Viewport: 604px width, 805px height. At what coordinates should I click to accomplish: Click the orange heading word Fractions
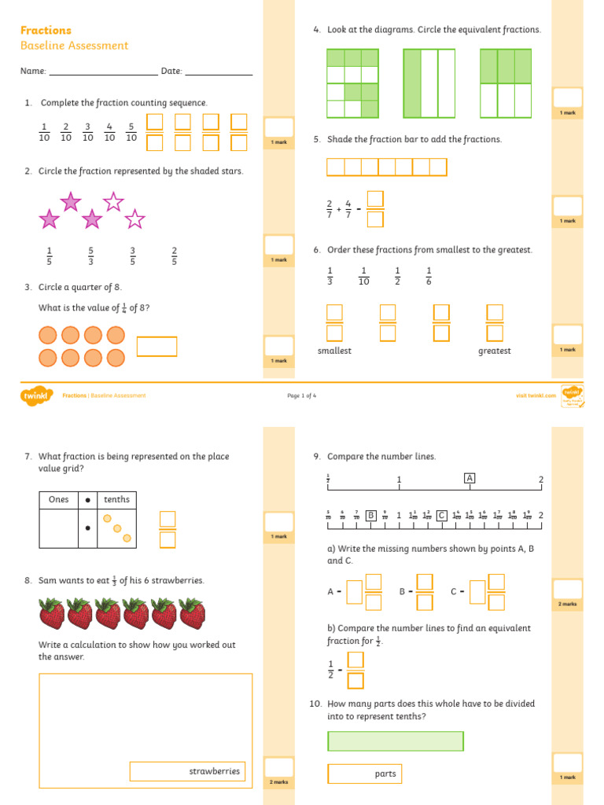[46, 30]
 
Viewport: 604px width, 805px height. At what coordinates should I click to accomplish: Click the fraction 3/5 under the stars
[133, 256]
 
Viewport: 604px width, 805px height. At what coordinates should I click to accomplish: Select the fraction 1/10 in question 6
[363, 276]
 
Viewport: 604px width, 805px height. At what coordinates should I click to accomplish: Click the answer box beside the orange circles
[157, 347]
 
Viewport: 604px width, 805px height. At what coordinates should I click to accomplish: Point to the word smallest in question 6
[334, 351]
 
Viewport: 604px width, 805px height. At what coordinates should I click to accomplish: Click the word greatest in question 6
[495, 351]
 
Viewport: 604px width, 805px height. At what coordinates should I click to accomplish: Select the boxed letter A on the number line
[470, 478]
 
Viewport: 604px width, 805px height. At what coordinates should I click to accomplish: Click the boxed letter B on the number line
[370, 515]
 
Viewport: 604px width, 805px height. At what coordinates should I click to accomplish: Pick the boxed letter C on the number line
[442, 515]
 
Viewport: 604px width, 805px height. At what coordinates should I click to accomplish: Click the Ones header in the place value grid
[59, 499]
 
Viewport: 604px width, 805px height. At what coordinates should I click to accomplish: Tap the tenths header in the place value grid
[117, 499]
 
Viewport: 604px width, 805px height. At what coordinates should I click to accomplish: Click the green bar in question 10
[396, 741]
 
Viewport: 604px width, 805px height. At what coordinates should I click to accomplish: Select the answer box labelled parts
[364, 774]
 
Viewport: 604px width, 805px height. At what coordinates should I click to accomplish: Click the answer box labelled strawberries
[187, 771]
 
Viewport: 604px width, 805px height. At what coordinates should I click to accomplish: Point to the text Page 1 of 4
[302, 395]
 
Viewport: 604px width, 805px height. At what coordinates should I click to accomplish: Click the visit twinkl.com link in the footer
[536, 395]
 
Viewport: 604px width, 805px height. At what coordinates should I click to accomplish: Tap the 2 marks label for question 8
[278, 782]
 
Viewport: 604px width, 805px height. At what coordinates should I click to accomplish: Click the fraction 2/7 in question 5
[330, 209]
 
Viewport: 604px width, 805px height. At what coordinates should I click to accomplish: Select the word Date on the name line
[171, 71]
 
